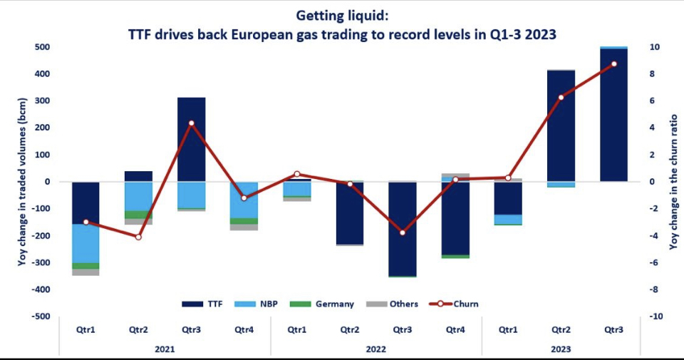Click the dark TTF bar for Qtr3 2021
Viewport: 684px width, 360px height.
pos(192,139)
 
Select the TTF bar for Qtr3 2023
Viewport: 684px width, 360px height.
pos(613,114)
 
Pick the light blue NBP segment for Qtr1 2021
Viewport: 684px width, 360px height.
pos(85,243)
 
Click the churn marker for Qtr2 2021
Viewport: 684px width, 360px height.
pos(138,237)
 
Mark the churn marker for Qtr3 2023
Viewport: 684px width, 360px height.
pos(614,64)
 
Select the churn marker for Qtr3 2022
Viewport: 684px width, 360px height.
pos(403,232)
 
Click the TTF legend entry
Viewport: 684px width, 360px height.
pos(202,304)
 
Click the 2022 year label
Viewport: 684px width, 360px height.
pos(376,349)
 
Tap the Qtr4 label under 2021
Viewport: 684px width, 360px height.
pos(244,330)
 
